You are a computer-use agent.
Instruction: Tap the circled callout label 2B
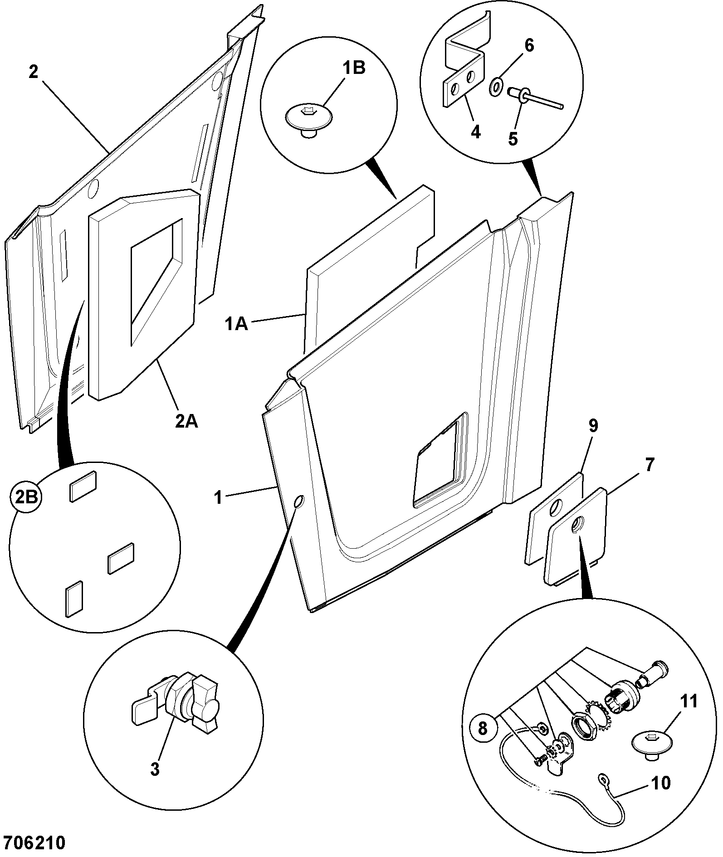pos(26,498)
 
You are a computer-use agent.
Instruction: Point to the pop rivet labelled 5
pos(535,99)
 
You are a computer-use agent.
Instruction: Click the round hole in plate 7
pos(577,526)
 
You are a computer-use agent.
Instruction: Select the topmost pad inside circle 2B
pos(83,486)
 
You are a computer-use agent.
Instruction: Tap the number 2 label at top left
pos(33,72)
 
